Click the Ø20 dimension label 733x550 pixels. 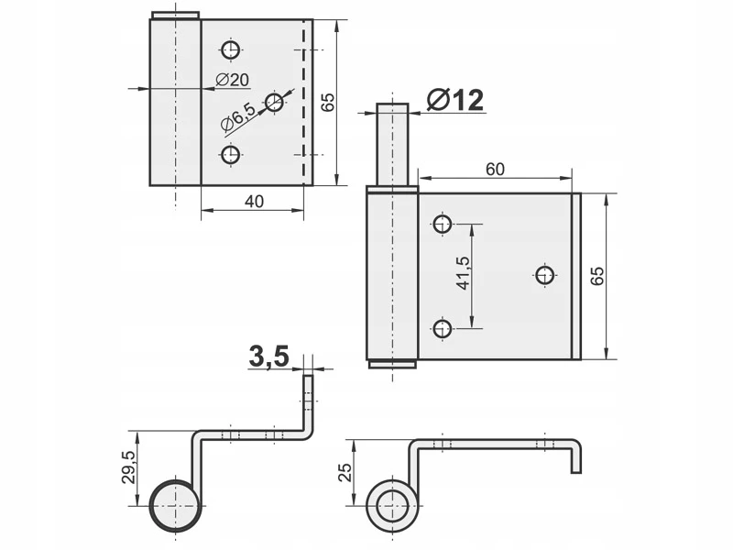coord(233,80)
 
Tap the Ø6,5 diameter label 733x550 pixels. coord(238,117)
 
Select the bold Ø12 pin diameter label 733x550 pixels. coord(455,100)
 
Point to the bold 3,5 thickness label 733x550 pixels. coord(268,357)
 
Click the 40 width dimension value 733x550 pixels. coord(255,201)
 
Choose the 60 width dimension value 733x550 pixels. coord(495,169)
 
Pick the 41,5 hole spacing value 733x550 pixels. coord(464,272)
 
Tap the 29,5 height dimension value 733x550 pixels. coord(128,467)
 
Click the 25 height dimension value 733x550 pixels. coord(345,472)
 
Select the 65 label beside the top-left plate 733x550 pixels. coord(328,103)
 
